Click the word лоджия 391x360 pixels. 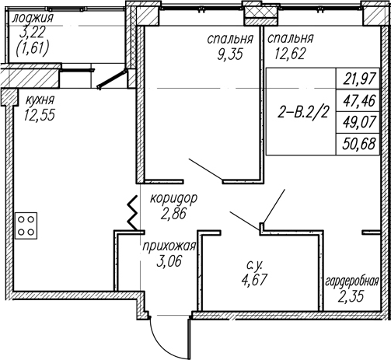click(33, 19)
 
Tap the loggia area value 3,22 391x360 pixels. click(33, 32)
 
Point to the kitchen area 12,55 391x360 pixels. click(40, 115)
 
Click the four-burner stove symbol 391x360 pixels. click(26, 225)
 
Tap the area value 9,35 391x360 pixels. click(230, 54)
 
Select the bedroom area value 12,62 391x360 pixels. click(290, 54)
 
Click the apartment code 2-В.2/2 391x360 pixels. click(302, 113)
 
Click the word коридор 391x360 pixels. click(174, 199)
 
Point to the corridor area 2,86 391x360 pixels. click(173, 214)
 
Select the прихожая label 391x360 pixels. click(169, 246)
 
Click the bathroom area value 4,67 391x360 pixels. click(254, 280)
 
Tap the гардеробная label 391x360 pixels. click(352, 281)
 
